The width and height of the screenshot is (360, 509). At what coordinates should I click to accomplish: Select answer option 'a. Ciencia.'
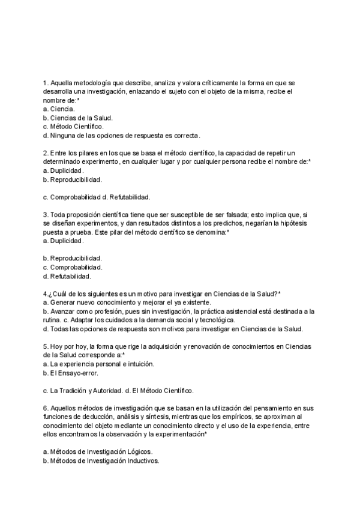coord(59,109)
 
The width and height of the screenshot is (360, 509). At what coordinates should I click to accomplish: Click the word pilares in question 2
coord(83,153)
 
